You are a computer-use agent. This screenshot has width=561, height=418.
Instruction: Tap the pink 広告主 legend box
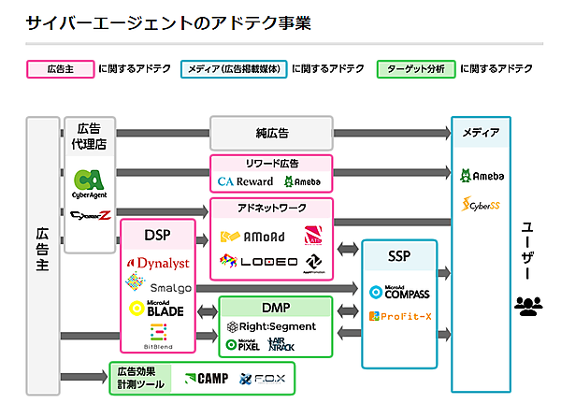[x=59, y=69]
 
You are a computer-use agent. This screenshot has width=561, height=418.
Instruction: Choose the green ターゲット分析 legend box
[x=416, y=69]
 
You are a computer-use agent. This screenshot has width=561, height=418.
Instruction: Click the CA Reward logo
[x=245, y=181]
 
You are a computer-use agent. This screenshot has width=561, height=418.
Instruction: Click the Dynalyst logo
[x=156, y=264]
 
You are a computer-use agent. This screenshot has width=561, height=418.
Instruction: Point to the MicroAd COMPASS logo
[x=399, y=293]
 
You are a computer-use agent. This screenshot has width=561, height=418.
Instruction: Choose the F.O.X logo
[x=267, y=379]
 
